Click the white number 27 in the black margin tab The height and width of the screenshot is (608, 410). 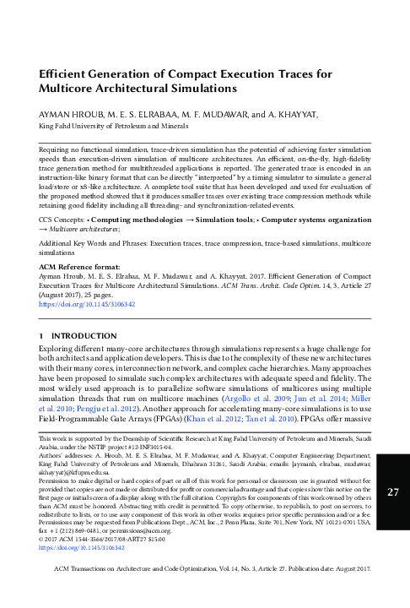click(391, 492)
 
